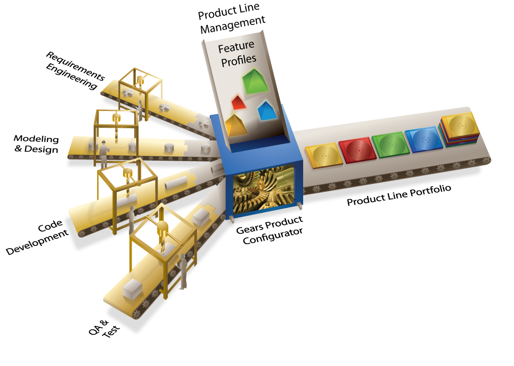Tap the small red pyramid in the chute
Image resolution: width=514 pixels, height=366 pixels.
click(x=238, y=103)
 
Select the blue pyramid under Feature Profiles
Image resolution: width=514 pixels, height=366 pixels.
click(x=267, y=111)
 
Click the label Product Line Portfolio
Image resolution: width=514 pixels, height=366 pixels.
click(x=399, y=195)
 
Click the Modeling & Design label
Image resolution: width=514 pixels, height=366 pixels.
click(x=36, y=144)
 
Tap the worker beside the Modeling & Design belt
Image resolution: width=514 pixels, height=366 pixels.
click(x=104, y=153)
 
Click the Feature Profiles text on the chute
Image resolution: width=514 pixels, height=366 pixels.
click(x=237, y=53)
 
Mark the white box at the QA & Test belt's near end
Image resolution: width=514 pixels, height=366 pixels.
click(x=132, y=288)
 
